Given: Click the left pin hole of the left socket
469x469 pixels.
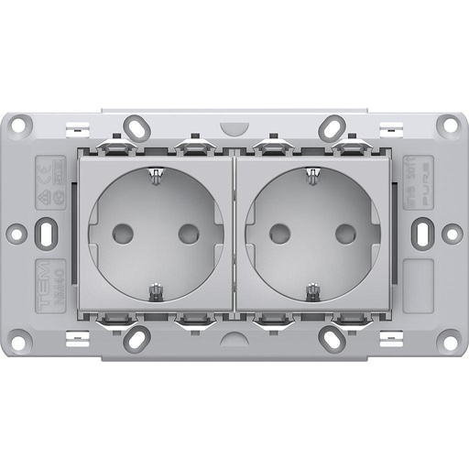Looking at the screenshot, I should click(123, 233).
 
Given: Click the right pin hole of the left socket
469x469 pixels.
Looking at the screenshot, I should click(189, 233).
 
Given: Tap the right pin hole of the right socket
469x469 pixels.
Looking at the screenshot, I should click(346, 233).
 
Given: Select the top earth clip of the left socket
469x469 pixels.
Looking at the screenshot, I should click(156, 173).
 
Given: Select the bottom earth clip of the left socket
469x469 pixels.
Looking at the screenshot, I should click(156, 292).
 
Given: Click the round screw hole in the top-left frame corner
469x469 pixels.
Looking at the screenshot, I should click(20, 126).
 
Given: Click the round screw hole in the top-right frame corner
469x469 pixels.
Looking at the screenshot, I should click(449, 126).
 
